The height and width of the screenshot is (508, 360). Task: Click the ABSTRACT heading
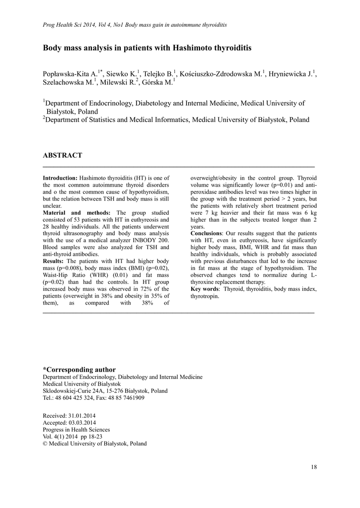(x=63, y=155)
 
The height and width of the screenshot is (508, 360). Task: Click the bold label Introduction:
(x=60, y=178)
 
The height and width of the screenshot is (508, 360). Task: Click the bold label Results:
(x=53, y=261)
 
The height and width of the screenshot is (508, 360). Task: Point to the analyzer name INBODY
(x=142, y=240)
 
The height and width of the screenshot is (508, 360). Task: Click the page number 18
(x=313, y=467)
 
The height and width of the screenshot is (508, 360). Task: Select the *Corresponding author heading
(x=79, y=370)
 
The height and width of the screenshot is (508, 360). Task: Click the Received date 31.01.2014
(x=81, y=416)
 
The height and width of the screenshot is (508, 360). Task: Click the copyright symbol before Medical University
(x=46, y=444)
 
